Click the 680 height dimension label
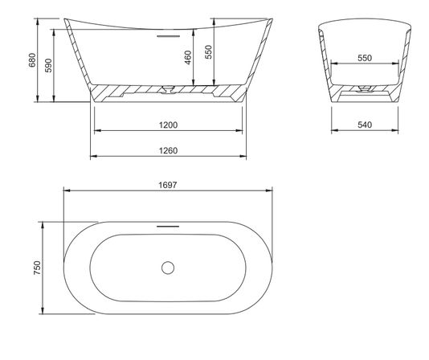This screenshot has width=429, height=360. point(32,60)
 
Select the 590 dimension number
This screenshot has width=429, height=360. point(48,65)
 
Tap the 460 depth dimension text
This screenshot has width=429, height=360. point(188,57)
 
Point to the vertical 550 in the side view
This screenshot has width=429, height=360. point(209,51)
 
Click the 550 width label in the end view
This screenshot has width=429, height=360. point(365,58)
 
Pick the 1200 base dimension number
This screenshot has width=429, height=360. point(168,125)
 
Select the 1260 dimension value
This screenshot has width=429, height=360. point(168,150)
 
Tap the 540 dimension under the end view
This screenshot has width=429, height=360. point(365,125)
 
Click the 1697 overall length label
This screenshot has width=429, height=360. point(168,185)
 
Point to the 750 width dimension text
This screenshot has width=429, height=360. point(37,268)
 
